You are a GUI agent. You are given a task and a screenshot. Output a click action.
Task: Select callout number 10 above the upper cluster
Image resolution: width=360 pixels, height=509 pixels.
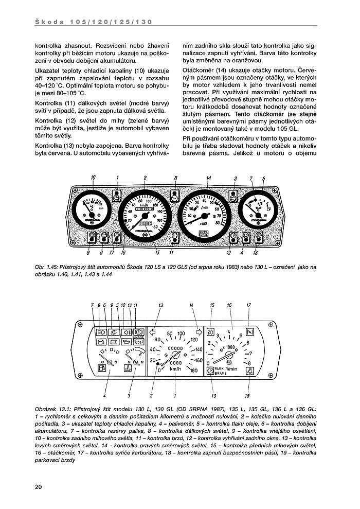click(x=94, y=178)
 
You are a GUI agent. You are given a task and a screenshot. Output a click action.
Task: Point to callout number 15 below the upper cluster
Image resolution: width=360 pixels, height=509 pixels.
click(x=157, y=253)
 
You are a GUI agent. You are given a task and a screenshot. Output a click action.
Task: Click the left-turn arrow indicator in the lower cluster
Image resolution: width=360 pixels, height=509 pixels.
click(x=153, y=332)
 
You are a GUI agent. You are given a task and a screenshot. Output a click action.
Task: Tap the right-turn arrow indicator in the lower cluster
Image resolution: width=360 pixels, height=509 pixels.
click(x=197, y=332)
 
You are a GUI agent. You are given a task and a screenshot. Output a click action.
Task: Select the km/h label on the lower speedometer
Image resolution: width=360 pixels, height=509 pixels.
click(x=175, y=369)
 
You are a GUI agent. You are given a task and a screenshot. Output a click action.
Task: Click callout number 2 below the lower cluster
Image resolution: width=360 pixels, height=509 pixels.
click(x=152, y=396)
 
